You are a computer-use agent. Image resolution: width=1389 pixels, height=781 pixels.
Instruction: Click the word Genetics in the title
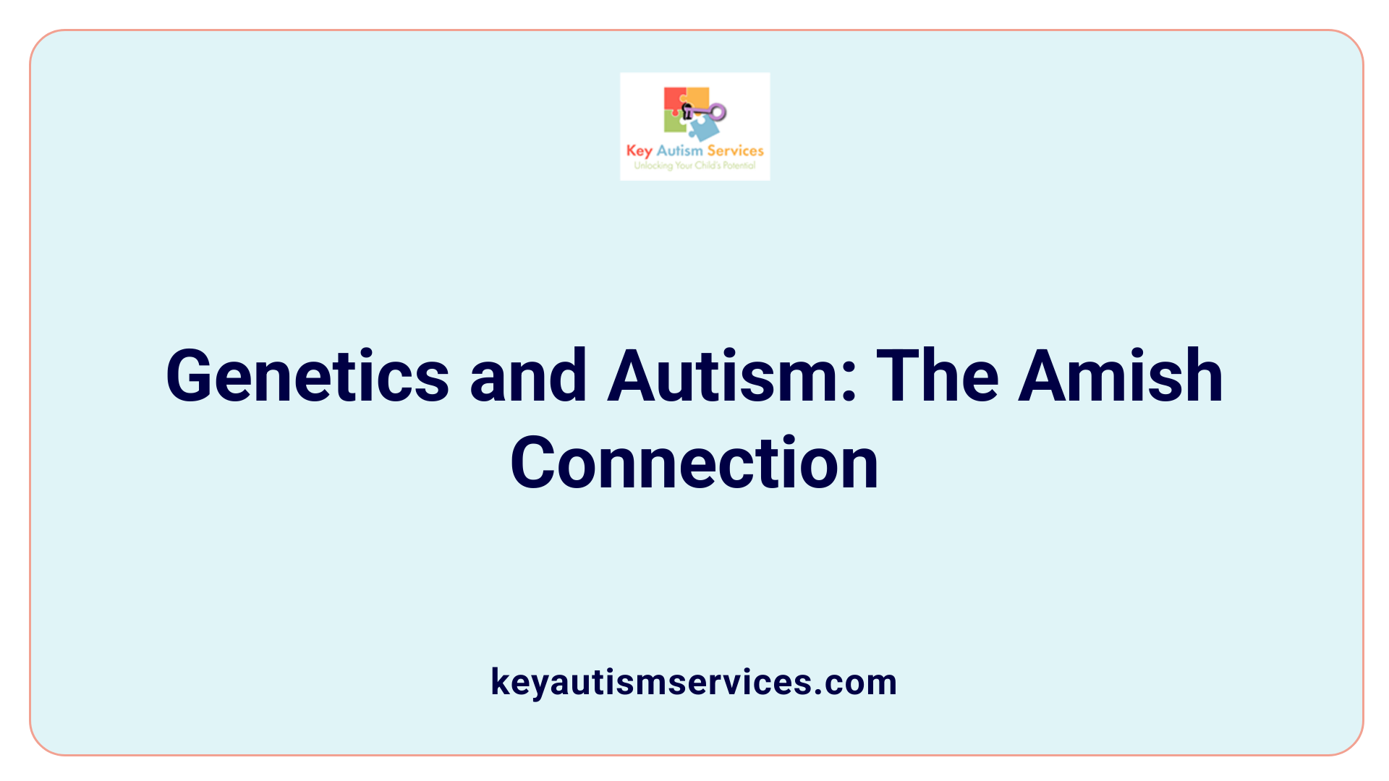[x=307, y=376]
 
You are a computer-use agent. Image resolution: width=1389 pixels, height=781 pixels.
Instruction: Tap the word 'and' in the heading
[x=528, y=376]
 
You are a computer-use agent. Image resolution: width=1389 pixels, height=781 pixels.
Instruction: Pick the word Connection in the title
[x=694, y=464]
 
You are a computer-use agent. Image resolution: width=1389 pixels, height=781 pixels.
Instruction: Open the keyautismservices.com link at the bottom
[x=694, y=682]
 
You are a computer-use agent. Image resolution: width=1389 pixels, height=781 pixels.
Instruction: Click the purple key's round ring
[x=718, y=112]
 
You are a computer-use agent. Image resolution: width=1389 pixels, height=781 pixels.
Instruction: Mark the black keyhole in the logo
[x=687, y=111]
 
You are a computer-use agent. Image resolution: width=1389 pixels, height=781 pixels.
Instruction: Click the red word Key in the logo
[x=639, y=151]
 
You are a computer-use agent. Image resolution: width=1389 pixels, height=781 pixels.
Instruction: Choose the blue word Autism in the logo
[x=679, y=150]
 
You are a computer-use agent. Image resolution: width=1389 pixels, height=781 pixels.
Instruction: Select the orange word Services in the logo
[x=735, y=150]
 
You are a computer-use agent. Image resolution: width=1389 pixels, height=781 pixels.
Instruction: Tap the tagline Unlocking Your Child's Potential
[x=694, y=166]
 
